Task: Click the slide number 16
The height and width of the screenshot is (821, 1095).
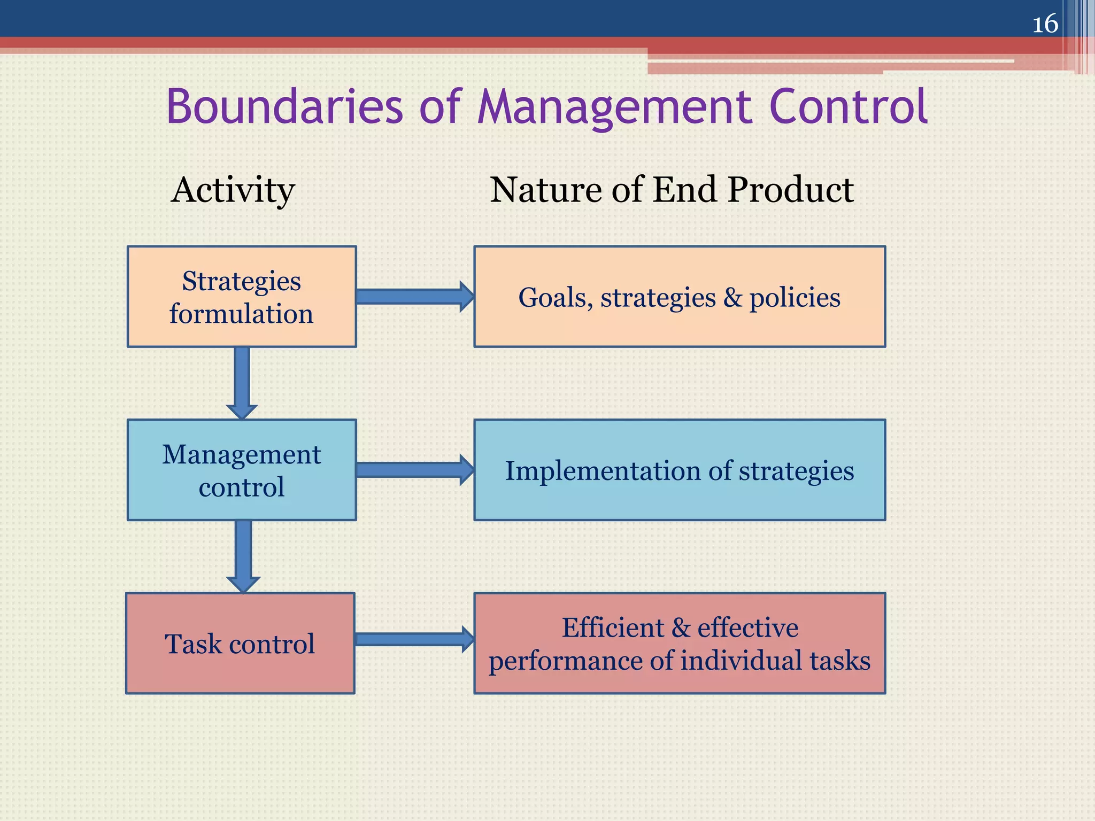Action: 1045,24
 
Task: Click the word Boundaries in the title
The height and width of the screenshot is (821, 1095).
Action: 284,107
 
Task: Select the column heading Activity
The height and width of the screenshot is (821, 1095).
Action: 233,190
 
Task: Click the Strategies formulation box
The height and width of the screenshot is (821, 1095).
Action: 242,297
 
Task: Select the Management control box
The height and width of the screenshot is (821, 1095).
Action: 242,470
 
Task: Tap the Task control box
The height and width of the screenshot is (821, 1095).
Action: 240,643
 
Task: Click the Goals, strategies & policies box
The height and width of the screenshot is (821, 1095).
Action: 680,297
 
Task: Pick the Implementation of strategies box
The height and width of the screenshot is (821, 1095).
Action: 680,470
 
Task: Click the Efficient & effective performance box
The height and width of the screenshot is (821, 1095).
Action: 680,643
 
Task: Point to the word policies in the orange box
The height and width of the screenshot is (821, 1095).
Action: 795,298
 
